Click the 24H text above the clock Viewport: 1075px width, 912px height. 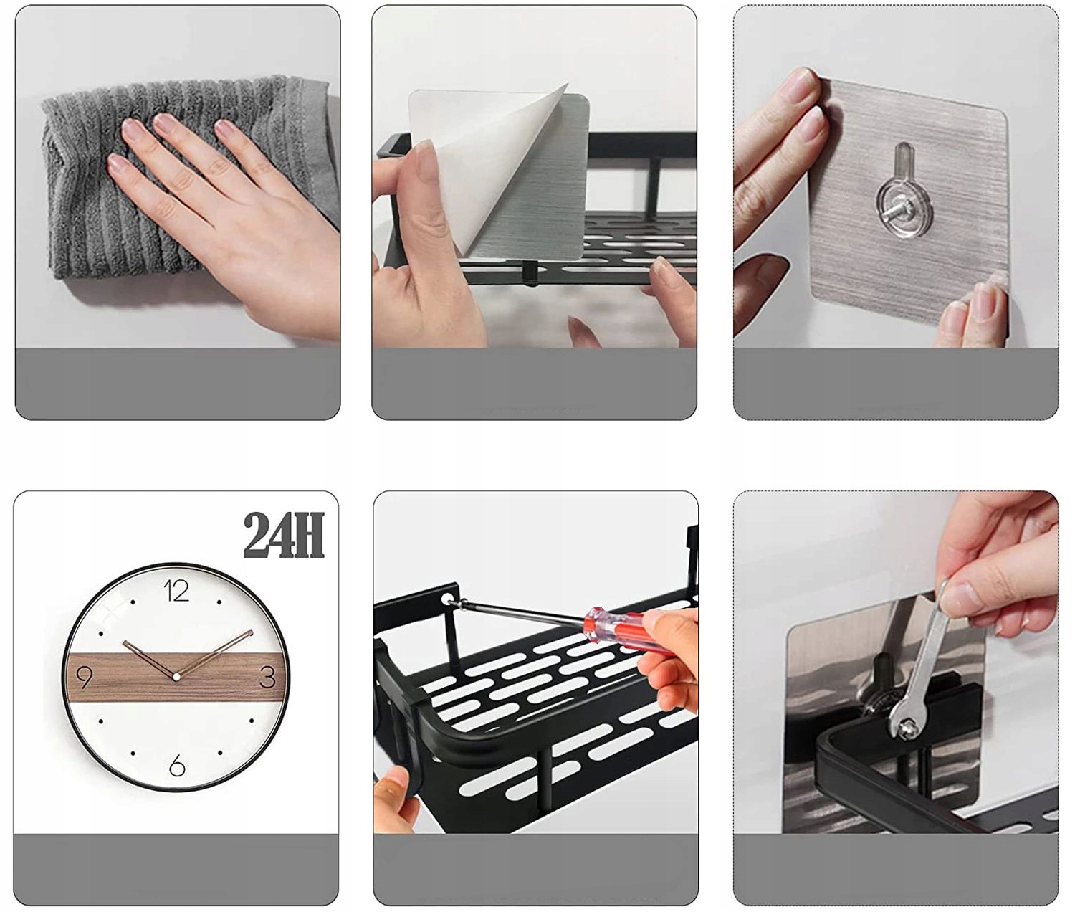tap(284, 536)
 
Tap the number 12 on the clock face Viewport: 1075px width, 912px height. tap(176, 591)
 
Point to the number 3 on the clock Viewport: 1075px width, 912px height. tap(268, 677)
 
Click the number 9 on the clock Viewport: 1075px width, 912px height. tap(85, 678)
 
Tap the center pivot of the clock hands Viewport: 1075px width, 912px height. tap(176, 676)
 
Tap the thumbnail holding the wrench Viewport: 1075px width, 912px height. tap(957, 592)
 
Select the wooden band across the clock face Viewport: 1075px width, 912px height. tap(176, 677)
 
